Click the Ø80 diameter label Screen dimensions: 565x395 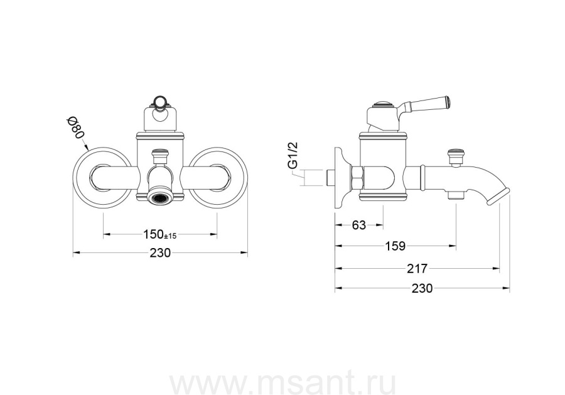[x=76, y=128]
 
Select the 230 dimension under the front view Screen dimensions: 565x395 [x=160, y=253]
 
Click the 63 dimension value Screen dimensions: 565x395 [x=359, y=225]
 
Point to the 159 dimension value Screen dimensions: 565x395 [x=395, y=246]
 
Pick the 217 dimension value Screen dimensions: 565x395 [x=417, y=269]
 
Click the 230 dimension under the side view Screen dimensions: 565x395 [x=422, y=288]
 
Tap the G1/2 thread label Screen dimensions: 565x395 [x=294, y=155]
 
